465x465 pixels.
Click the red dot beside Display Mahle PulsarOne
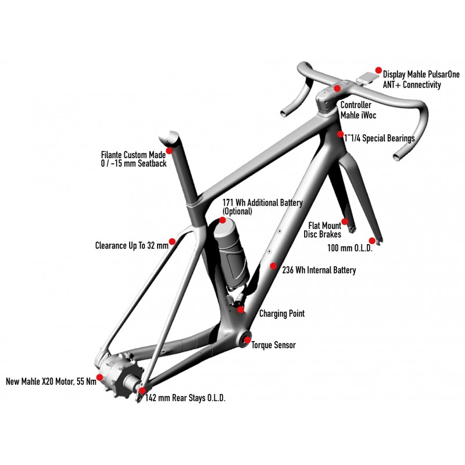(378, 69)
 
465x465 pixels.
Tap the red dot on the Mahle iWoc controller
(337, 88)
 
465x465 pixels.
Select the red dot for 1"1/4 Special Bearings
(341, 134)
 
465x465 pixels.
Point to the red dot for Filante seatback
(169, 151)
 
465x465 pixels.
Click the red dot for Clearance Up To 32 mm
(172, 241)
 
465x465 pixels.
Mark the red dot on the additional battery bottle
(223, 220)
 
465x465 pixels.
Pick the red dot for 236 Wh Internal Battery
(274, 266)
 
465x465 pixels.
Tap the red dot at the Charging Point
(241, 309)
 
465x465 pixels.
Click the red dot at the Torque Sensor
(247, 340)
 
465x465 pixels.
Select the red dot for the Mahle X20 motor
(99, 377)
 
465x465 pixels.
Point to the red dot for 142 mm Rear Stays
(142, 391)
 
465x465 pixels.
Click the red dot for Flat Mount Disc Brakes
(345, 221)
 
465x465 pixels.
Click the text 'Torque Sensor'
(273, 345)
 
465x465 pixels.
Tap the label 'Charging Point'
(282, 314)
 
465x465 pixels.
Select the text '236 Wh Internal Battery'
(319, 270)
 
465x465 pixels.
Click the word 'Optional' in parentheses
(238, 212)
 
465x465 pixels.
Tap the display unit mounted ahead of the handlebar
(368, 77)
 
